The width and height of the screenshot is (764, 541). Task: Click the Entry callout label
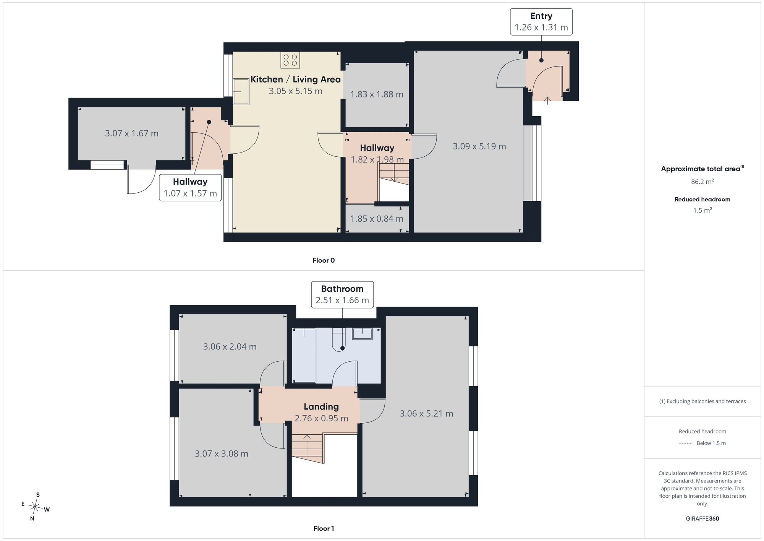click(x=541, y=22)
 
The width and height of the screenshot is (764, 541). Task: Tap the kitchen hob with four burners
click(x=290, y=60)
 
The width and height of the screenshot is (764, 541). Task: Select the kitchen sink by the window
click(x=241, y=91)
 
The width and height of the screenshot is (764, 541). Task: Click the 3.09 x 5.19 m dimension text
click(x=479, y=146)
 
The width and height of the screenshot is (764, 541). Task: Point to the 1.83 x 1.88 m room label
click(x=377, y=94)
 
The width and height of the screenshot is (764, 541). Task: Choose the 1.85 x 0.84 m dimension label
click(x=377, y=219)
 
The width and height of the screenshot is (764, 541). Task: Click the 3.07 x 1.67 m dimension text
click(x=132, y=133)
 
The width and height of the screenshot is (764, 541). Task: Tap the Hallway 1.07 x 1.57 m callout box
click(x=190, y=188)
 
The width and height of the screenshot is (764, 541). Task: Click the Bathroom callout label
click(x=342, y=294)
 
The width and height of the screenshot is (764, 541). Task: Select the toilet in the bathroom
click(x=339, y=339)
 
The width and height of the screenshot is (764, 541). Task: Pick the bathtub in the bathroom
click(x=304, y=355)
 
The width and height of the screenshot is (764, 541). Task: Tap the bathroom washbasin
click(x=362, y=333)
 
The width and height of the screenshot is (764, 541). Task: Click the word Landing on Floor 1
click(x=321, y=407)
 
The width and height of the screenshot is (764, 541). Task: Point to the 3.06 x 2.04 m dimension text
click(x=230, y=347)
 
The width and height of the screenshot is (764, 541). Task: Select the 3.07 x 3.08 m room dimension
click(x=222, y=454)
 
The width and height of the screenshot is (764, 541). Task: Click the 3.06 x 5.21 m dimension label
click(x=426, y=414)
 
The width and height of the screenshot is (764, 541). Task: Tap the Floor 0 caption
click(x=324, y=260)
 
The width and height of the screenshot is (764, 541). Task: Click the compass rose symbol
click(x=35, y=507)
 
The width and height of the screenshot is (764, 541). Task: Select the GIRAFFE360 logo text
click(x=702, y=519)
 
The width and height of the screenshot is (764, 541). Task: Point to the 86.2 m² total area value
click(x=702, y=182)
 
